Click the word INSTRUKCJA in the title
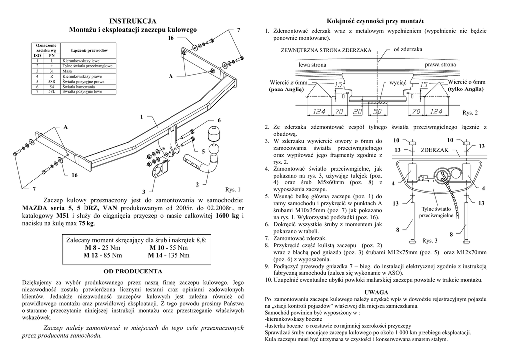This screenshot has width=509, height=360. [x=133, y=21]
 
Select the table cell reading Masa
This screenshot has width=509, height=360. [x=67, y=71]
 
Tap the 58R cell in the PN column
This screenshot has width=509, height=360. [x=52, y=81]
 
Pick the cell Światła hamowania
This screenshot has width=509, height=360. [x=75, y=87]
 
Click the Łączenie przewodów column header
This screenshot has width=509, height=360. [x=89, y=50]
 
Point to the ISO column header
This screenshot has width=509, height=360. [x=37, y=55]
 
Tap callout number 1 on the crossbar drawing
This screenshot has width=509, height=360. [x=141, y=117]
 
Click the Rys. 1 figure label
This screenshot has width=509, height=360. [x=233, y=189]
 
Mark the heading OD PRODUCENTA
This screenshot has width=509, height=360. [x=133, y=271]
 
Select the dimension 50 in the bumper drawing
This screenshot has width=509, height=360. [x=377, y=111]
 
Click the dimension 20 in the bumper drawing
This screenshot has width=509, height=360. [x=358, y=111]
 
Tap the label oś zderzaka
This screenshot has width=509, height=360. [x=407, y=50]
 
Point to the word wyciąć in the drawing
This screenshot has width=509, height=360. [x=398, y=82]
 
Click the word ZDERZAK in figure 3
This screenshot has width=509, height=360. [x=434, y=150]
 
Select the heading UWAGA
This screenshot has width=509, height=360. [x=376, y=292]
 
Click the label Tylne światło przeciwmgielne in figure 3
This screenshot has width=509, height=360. [x=435, y=212]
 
